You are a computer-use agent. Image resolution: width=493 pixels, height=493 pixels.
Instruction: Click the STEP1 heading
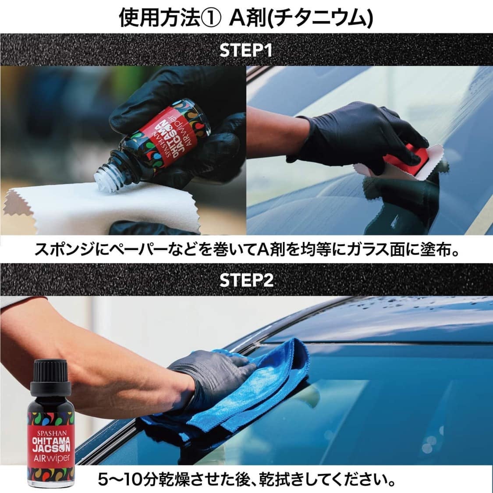[x=246, y=50]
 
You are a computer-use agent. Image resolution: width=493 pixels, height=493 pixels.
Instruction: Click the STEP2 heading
[x=246, y=280]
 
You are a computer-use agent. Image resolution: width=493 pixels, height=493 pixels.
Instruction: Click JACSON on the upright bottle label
[x=51, y=448]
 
